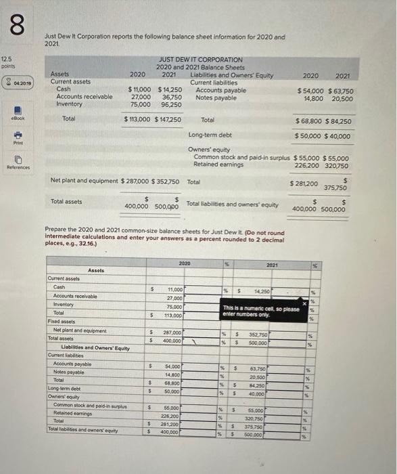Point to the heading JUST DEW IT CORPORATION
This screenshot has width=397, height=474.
click(200, 60)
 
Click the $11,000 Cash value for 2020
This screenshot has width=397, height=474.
click(141, 89)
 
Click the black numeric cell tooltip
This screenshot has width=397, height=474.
click(260, 311)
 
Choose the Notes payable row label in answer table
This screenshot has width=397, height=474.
click(68, 372)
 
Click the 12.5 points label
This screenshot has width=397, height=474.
click(9, 63)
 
